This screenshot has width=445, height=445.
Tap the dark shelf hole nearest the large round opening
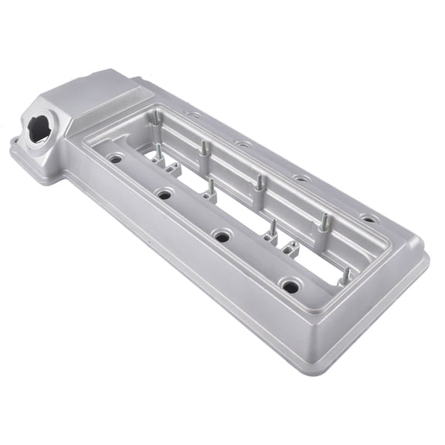coord(115,159)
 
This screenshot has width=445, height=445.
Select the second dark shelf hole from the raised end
coord(165,194)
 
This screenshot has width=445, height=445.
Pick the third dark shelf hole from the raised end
coord(222,236)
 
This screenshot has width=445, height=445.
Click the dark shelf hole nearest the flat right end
coord(290,287)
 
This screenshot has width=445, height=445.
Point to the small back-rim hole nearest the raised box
coord(193,116)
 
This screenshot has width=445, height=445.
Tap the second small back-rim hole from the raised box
coord(243,144)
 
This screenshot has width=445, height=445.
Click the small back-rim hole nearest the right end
coord(369,219)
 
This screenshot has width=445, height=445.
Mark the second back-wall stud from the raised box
coord(206,147)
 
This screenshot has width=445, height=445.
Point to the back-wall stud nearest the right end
coord(325,222)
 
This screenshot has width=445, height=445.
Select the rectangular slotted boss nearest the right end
coord(292,250)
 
